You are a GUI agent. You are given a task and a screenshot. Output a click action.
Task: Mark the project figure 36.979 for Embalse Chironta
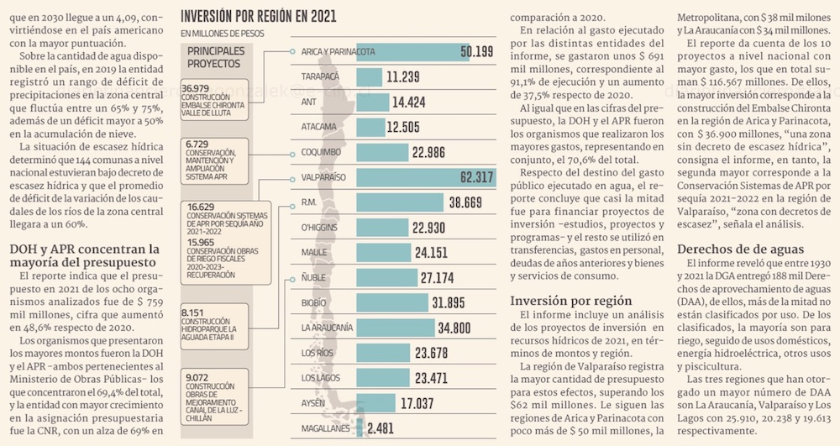(x=196, y=87)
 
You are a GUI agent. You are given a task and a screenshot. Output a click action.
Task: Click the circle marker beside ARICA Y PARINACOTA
(x=292, y=52)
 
